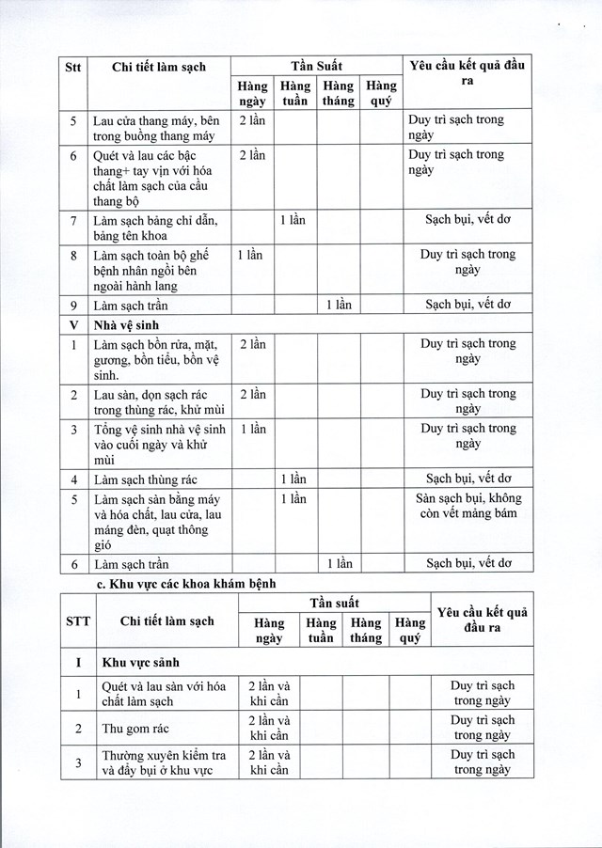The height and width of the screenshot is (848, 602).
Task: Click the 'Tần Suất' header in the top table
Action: tap(316, 66)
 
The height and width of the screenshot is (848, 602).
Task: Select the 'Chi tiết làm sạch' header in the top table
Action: tap(158, 67)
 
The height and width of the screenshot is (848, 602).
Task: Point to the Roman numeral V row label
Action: tap(73, 324)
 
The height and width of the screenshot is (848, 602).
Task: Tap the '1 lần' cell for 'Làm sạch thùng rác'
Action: tap(293, 479)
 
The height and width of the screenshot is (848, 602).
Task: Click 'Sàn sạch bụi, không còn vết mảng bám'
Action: tap(467, 506)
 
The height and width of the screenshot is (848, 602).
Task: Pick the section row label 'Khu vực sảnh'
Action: tap(141, 662)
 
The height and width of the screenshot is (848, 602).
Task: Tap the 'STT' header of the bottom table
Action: tap(78, 620)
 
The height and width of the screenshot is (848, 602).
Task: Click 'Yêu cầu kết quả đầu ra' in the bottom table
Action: tap(483, 620)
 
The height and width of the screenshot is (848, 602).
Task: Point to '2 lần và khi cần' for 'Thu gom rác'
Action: tap(269, 728)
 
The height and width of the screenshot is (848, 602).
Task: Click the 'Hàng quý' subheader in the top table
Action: tap(381, 93)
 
